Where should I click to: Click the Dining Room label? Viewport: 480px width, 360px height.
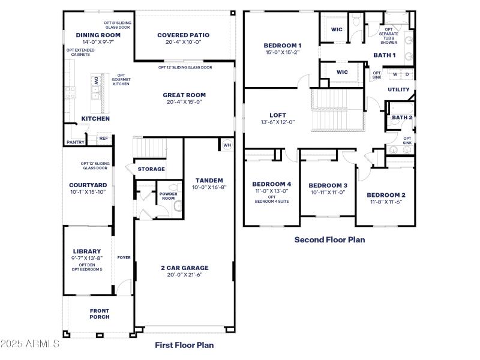click(94, 35)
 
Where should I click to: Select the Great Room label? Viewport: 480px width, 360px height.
click(184, 95)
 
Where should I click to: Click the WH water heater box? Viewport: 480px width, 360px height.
click(227, 145)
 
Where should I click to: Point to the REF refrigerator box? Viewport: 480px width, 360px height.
click(103, 139)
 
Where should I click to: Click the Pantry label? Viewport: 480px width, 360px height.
click(75, 142)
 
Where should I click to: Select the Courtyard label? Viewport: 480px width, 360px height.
click(88, 185)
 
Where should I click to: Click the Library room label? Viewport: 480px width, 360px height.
click(87, 251)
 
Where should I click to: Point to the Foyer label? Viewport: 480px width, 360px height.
click(124, 257)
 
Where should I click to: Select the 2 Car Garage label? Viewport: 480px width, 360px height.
click(184, 268)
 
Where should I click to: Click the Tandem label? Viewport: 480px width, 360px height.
click(209, 180)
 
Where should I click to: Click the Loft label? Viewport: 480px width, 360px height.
click(277, 115)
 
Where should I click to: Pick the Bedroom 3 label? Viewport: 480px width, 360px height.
click(328, 185)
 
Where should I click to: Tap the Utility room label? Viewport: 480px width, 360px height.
click(398, 90)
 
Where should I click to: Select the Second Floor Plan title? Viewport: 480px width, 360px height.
click(329, 239)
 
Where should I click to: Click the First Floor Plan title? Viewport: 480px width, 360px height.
click(184, 345)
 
